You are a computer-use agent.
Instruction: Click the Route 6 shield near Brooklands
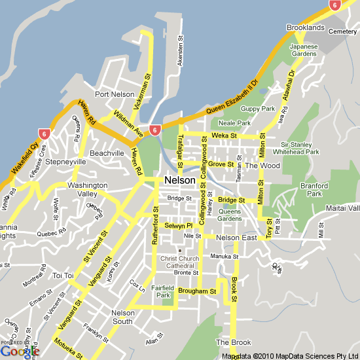point(335,5)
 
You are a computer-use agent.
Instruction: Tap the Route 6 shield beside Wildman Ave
point(155,130)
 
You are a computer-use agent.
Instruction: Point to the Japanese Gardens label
point(304,50)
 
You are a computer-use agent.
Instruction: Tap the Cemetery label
point(343,31)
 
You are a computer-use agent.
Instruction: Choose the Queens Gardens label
point(229,215)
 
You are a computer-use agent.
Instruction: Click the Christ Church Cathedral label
point(180,262)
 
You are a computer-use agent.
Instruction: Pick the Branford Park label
point(315,190)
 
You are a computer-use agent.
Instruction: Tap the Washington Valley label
point(87,190)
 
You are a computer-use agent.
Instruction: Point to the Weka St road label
point(224,135)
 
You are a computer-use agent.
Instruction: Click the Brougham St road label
point(197,291)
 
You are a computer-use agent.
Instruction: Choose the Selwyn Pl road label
point(177,226)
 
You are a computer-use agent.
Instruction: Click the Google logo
point(20,351)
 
